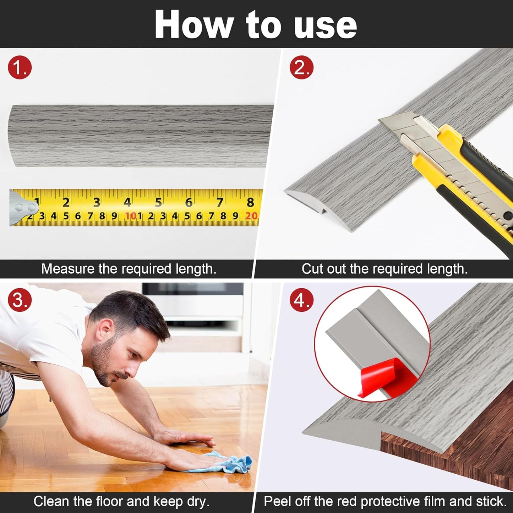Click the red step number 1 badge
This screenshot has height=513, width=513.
click(x=20, y=67)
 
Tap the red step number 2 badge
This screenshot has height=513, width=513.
click(x=301, y=67)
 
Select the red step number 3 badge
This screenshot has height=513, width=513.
click(x=20, y=300)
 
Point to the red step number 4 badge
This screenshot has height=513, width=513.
click(x=301, y=300)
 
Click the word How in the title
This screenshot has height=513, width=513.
click(x=193, y=25)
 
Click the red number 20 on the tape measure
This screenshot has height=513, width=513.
click(x=251, y=216)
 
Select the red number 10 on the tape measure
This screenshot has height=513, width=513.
click(x=130, y=216)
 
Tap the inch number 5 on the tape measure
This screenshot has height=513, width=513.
click(x=158, y=202)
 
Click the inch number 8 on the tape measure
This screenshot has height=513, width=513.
click(x=250, y=202)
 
